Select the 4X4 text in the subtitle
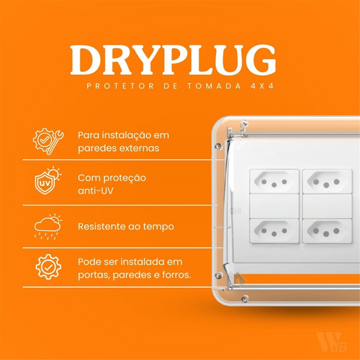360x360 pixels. (x=262, y=85)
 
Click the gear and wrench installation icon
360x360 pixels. (x=47, y=142)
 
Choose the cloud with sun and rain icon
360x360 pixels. (x=47, y=225)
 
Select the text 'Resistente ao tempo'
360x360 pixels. (x=125, y=226)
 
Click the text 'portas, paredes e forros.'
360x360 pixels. (x=134, y=274)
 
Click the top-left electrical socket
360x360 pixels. (x=274, y=181)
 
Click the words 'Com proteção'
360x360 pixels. (x=112, y=178)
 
